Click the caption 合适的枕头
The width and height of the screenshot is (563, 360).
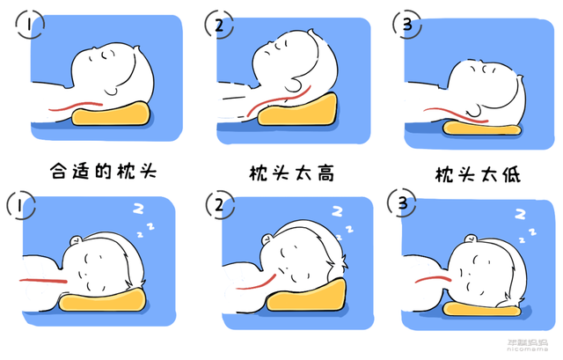coord(104,170)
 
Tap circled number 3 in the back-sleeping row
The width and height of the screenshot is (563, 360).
coord(406,25)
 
